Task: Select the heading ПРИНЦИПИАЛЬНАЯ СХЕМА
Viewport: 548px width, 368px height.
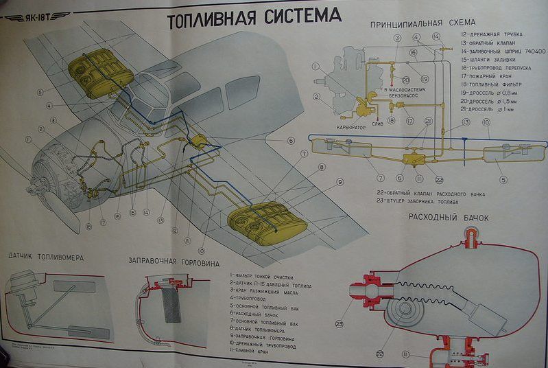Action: pos(413,23)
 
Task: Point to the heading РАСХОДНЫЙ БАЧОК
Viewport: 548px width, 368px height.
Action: pos(449,218)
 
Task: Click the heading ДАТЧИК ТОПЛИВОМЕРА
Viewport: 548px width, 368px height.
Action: pos(46,257)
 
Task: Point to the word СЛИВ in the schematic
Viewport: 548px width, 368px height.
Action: pos(377,124)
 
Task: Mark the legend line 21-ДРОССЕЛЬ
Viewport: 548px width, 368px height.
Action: pos(488,108)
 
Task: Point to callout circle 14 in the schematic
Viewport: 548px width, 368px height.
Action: pos(436,36)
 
